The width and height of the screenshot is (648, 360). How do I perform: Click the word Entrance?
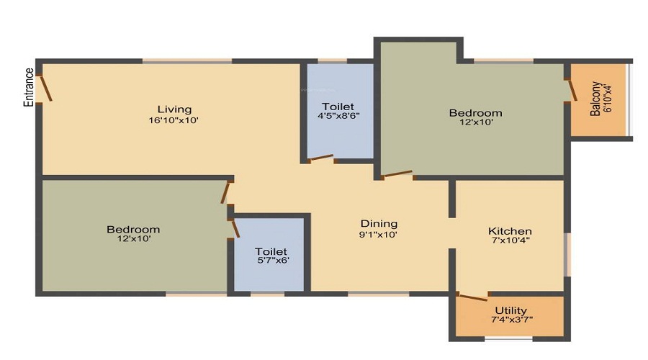[29, 87]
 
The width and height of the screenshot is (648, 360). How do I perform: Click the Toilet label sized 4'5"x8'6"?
[338, 107]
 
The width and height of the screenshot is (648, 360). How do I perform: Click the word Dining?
[379, 223]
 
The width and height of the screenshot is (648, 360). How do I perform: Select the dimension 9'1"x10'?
[379, 234]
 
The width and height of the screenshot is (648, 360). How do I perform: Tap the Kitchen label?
[510, 231]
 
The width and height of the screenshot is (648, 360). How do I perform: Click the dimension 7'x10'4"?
[510, 241]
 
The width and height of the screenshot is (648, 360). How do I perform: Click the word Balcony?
[595, 99]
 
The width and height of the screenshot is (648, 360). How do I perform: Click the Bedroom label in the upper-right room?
[475, 113]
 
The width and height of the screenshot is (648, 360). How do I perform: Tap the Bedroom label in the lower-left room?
[133, 230]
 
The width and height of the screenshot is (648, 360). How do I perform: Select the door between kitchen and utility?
[472, 297]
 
